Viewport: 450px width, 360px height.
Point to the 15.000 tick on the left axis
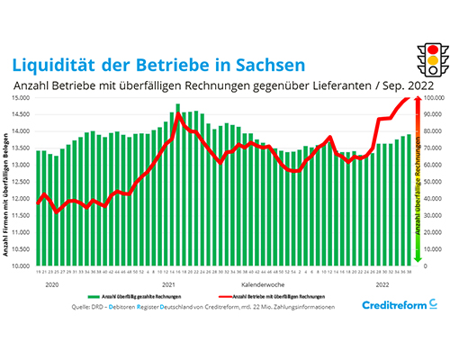click(x=22, y=97)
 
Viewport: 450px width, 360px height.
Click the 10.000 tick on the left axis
click(x=22, y=266)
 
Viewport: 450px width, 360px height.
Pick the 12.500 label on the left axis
click(x=22, y=182)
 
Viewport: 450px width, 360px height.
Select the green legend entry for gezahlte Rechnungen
click(x=127, y=295)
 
